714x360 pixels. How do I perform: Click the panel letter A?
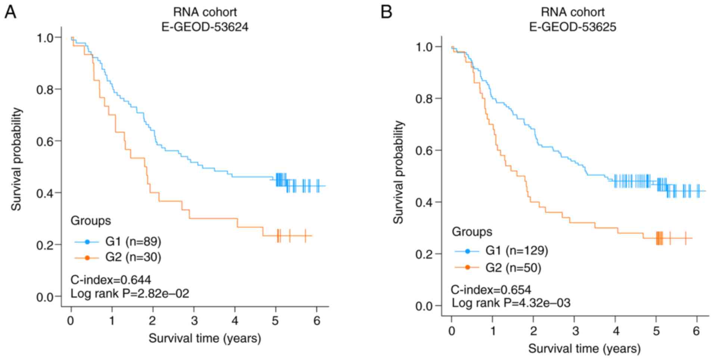(10, 12)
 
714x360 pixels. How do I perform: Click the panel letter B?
(386, 12)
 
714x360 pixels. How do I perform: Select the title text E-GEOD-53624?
(205, 27)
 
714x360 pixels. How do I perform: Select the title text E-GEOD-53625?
(573, 27)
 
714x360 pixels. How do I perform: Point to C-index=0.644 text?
(111, 280)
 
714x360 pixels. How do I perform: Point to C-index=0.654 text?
(491, 289)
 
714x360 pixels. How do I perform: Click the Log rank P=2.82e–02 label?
(130, 294)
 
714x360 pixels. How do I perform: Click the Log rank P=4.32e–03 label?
(511, 303)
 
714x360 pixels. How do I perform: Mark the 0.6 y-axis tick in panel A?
(44, 141)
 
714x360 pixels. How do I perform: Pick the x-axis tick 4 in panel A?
(234, 321)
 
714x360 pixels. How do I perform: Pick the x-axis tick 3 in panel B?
(575, 331)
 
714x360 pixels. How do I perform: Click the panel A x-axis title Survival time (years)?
(205, 338)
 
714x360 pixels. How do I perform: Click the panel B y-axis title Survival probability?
(399, 172)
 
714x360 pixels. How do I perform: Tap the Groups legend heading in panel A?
(91, 221)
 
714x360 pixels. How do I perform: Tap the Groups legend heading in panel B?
(472, 232)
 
